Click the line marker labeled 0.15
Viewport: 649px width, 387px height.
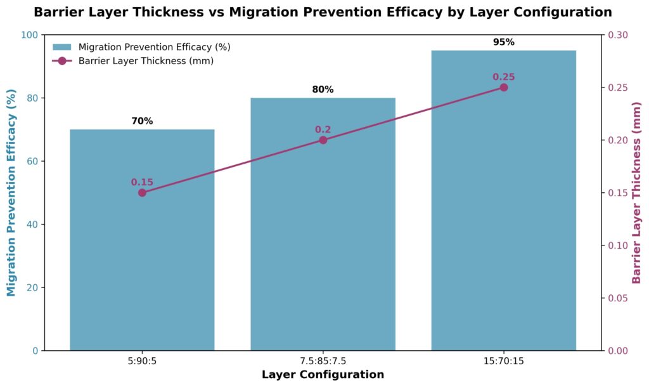click(x=142, y=193)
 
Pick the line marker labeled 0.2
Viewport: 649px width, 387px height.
click(x=323, y=140)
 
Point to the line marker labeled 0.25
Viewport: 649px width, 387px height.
click(x=503, y=88)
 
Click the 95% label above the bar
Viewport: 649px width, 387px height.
click(x=503, y=43)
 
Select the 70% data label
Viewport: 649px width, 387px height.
click(x=142, y=121)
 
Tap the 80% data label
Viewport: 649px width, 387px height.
click(x=323, y=89)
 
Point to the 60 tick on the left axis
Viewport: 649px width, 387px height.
click(x=33, y=161)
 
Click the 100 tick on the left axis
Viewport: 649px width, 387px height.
click(x=30, y=35)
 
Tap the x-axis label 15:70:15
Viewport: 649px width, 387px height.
click(x=503, y=362)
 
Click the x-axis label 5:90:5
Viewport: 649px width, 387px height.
click(x=142, y=362)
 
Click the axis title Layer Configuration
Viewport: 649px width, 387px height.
click(x=323, y=375)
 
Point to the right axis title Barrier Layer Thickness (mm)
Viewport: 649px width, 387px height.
click(x=636, y=193)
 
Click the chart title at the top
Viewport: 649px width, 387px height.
click(x=323, y=12)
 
